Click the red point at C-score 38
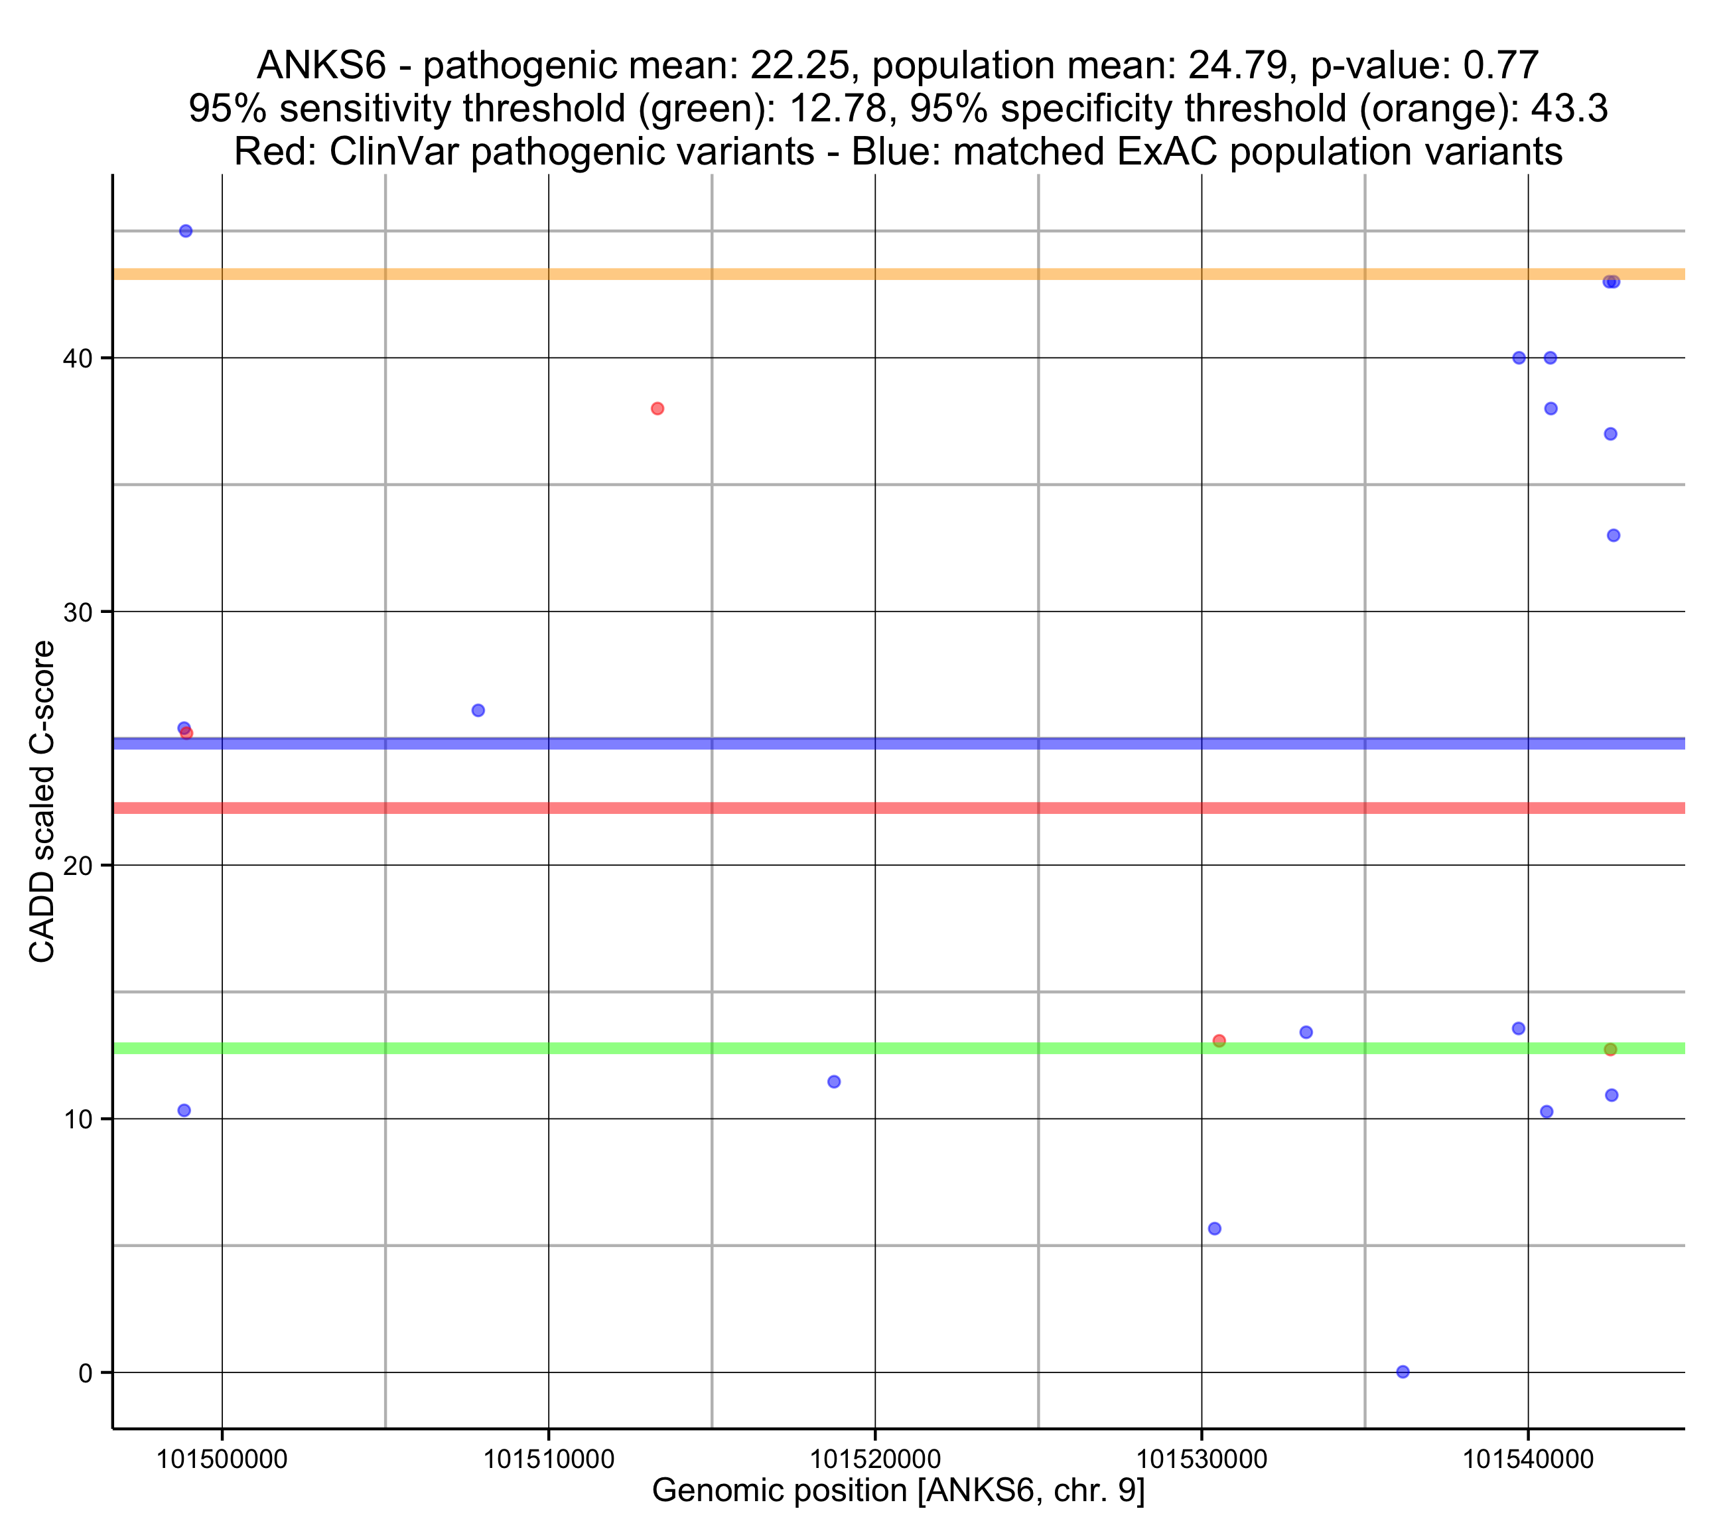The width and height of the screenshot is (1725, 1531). (657, 409)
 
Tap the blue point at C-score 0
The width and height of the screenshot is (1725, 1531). (1403, 1372)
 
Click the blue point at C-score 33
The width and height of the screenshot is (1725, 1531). (1613, 535)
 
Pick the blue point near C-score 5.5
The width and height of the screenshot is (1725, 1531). (1214, 1228)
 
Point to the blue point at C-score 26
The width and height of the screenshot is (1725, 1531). (478, 710)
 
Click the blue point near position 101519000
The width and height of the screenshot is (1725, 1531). (834, 1081)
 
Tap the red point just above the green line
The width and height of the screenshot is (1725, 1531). (1219, 1041)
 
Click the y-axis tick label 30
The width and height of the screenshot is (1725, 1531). (78, 612)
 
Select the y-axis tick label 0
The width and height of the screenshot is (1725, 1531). (85, 1373)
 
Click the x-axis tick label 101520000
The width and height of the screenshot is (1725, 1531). (875, 1459)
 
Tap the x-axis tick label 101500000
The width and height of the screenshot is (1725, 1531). (222, 1459)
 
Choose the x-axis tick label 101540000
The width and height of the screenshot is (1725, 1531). (1527, 1459)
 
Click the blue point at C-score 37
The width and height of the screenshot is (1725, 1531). (1610, 434)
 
